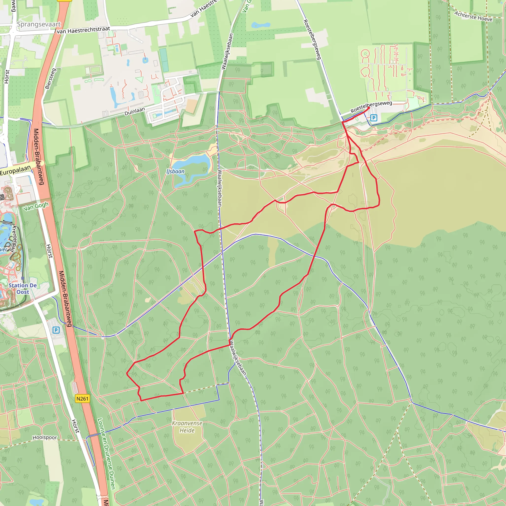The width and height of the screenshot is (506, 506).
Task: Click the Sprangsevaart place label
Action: (39, 24)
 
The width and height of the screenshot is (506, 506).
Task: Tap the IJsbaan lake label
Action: (175, 171)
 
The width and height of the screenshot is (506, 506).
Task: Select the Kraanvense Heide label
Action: (187, 427)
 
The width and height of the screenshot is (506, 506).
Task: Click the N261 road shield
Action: (82, 399)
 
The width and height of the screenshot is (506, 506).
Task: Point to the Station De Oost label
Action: (23, 289)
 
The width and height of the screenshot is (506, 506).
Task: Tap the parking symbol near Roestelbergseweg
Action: (374, 118)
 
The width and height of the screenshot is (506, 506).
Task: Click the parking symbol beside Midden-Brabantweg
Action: (56, 330)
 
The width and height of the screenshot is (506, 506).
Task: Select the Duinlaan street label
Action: (135, 111)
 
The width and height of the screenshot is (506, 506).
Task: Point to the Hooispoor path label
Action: (45, 438)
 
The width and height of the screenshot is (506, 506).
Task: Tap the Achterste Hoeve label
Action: (473, 16)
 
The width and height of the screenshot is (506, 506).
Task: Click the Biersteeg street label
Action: (51, 79)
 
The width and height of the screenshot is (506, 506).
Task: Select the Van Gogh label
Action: (36, 206)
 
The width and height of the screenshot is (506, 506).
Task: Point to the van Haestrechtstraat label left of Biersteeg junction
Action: (83, 30)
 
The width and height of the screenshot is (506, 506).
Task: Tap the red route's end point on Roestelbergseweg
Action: (369, 108)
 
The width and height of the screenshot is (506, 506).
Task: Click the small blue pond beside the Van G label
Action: (260, 25)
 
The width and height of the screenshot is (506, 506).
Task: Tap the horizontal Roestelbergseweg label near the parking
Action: (371, 107)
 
